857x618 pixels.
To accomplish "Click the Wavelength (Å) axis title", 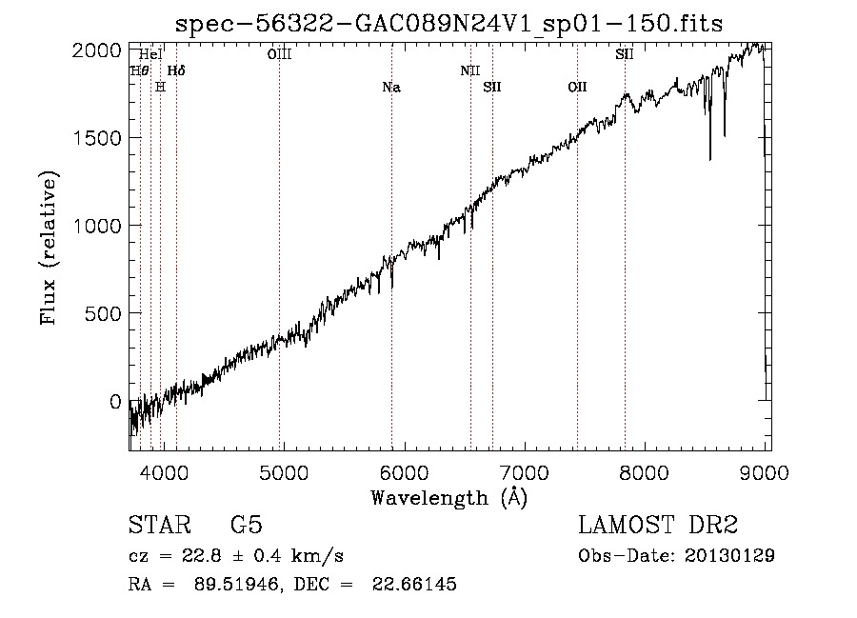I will click(448, 498).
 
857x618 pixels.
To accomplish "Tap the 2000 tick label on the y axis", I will click(98, 50).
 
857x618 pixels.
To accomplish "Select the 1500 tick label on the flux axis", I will click(98, 137).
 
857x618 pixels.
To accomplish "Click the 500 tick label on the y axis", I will click(104, 313).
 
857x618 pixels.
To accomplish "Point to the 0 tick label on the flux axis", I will click(115, 402).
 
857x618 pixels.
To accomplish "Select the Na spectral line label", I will click(390, 88).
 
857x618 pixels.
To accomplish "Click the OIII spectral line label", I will click(279, 55).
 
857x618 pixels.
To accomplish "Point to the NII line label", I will click(470, 70).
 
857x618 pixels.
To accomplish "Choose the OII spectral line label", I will click(577, 88).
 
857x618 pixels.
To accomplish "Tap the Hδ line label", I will click(176, 70).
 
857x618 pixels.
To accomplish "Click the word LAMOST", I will click(623, 527).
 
